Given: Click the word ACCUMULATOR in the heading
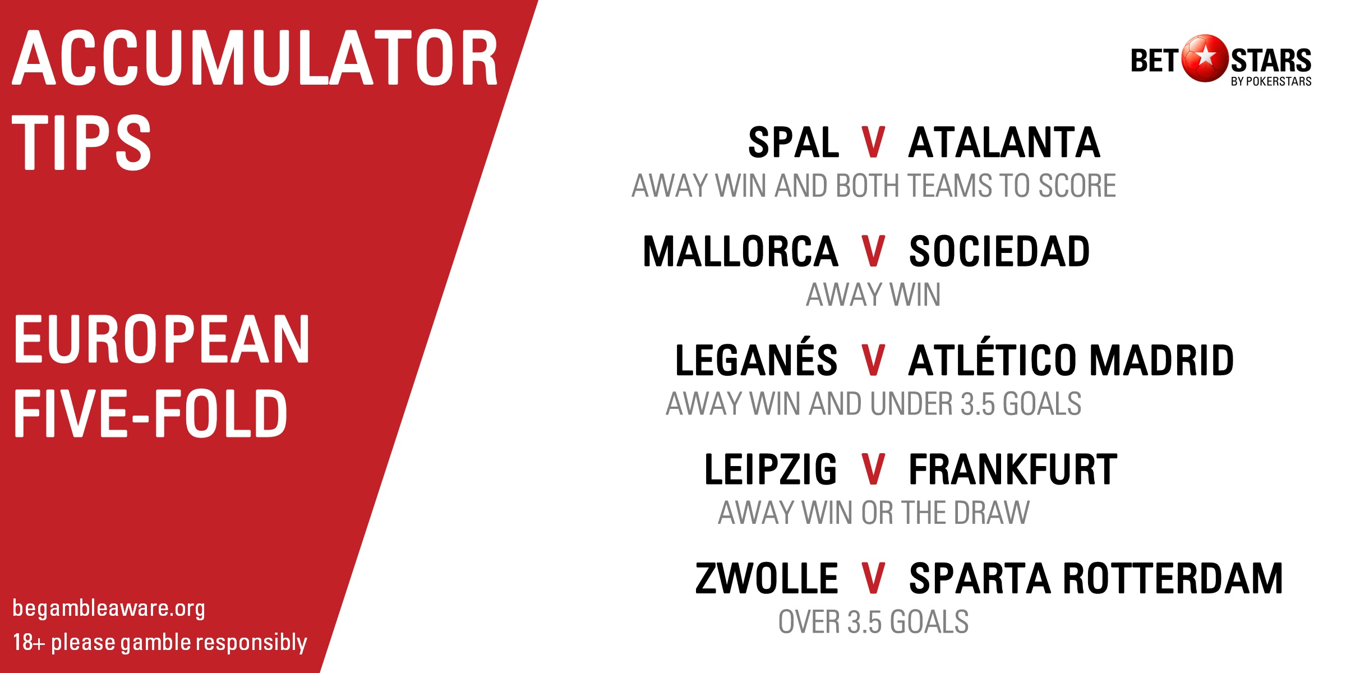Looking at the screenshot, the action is [255, 58].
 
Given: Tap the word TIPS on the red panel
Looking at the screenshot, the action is [82, 142].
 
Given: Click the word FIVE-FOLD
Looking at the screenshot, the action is [150, 413].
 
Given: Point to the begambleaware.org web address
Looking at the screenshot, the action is [109, 609].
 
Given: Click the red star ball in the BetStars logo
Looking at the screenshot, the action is [1205, 58].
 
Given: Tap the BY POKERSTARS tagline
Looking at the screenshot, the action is [1271, 82].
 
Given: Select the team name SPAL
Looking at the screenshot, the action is [794, 142].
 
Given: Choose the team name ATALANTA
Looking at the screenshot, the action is [1004, 142].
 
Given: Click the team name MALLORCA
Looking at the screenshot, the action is [740, 251].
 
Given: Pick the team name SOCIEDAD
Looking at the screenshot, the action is [999, 251].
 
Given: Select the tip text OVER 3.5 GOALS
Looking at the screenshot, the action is [873, 621].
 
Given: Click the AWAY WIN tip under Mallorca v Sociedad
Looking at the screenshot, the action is [873, 294].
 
